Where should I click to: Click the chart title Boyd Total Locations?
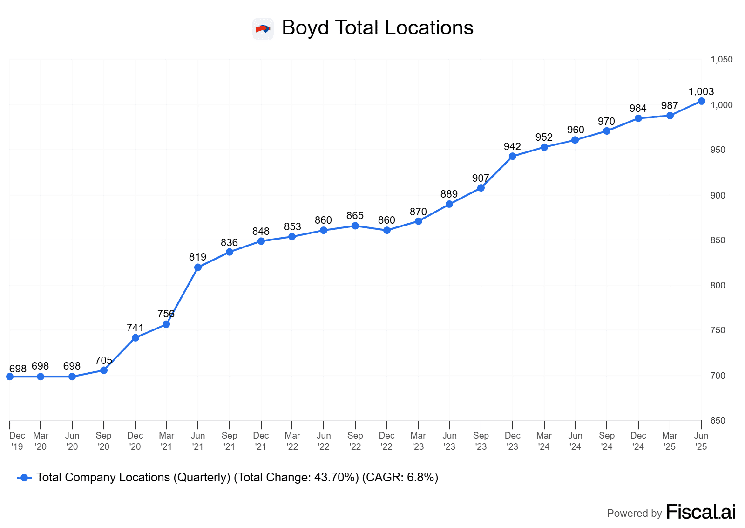tap(378, 28)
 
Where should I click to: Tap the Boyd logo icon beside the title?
tap(263, 29)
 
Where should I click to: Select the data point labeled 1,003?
tap(702, 101)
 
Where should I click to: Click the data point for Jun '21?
tap(198, 267)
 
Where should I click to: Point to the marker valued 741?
tap(135, 338)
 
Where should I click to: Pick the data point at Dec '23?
tap(513, 156)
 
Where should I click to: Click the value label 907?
tap(481, 178)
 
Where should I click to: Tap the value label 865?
tap(355, 216)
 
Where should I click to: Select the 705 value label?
tap(103, 360)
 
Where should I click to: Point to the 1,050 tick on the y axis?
tap(721, 60)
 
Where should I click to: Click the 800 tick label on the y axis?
tap(718, 286)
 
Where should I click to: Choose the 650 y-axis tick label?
tap(718, 421)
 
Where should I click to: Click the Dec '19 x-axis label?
tap(17, 441)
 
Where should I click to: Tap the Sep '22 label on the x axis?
tap(355, 441)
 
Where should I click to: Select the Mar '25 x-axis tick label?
tap(670, 441)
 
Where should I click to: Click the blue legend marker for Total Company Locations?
tap(24, 478)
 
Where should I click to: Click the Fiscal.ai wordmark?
tap(701, 512)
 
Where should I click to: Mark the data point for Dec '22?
tap(387, 230)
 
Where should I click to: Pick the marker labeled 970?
tap(607, 131)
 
